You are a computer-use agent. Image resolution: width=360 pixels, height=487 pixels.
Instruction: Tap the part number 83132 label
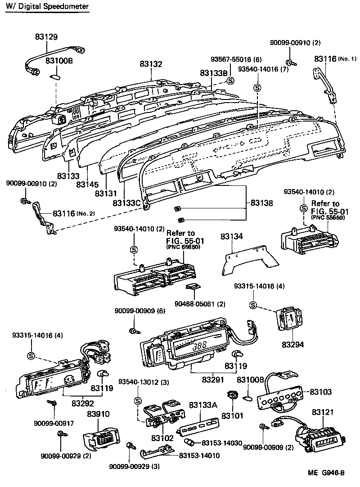[x=151, y=64]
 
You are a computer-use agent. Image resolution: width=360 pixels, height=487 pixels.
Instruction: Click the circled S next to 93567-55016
[x=230, y=81]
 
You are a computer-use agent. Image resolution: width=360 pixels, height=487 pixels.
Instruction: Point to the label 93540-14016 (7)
[x=263, y=69]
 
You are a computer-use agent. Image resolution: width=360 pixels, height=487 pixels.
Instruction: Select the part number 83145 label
[x=87, y=184]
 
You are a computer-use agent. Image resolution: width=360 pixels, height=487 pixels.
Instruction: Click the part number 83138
[x=262, y=203]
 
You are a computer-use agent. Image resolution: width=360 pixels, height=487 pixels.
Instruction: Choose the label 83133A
[x=203, y=405]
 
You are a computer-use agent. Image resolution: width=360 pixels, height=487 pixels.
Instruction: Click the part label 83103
[x=320, y=392]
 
